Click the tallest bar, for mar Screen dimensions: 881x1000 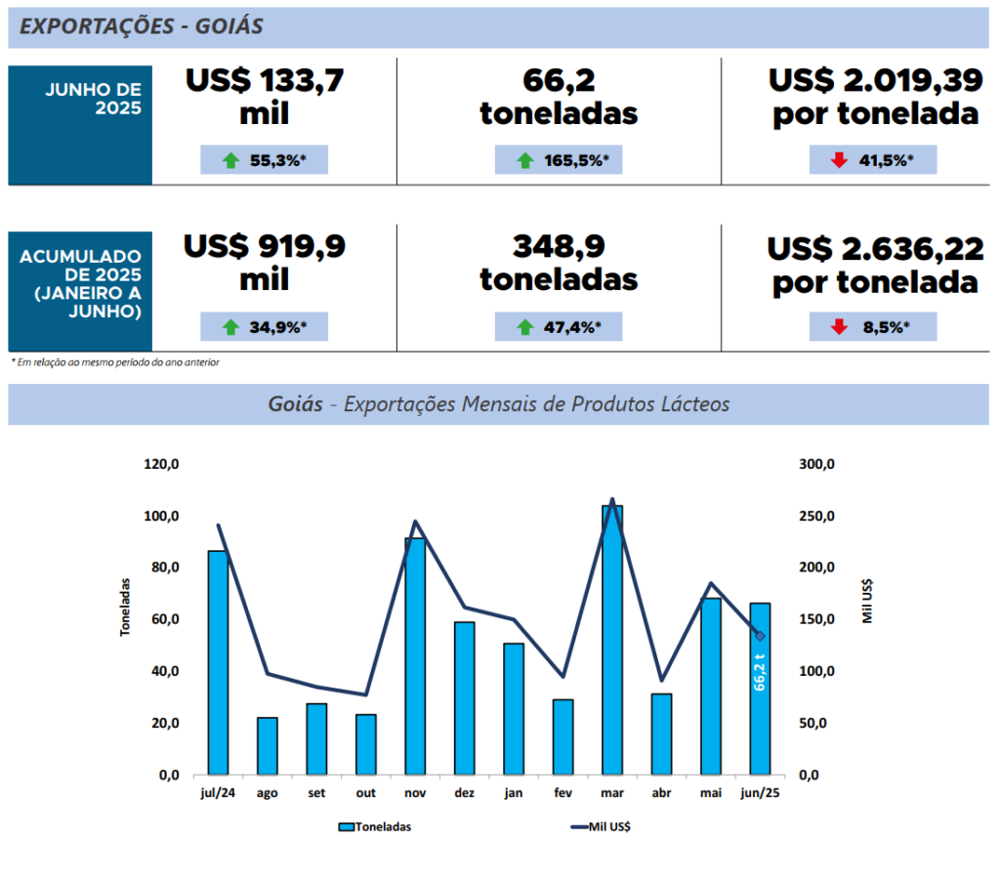point(612,640)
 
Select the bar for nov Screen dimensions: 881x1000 point(415,656)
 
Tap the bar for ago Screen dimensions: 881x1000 point(268,746)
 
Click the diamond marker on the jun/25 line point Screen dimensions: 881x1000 point(760,637)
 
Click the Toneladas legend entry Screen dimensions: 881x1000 point(375,826)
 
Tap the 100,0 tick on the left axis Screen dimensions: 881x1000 point(161,516)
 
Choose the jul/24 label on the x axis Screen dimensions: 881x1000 point(217,793)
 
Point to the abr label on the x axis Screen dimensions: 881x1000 point(661,793)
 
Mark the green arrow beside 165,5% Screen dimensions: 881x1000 point(524,160)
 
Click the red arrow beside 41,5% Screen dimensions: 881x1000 point(839,160)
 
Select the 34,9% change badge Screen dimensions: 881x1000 point(265,327)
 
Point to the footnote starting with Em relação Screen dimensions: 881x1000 point(115,362)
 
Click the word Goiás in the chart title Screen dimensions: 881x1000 point(295,404)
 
